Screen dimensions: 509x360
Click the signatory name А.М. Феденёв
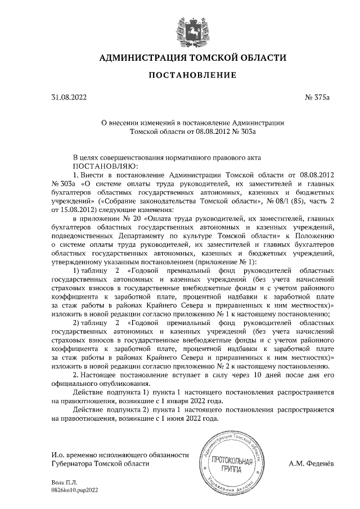[310, 463]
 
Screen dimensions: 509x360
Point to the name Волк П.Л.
[65, 483]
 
